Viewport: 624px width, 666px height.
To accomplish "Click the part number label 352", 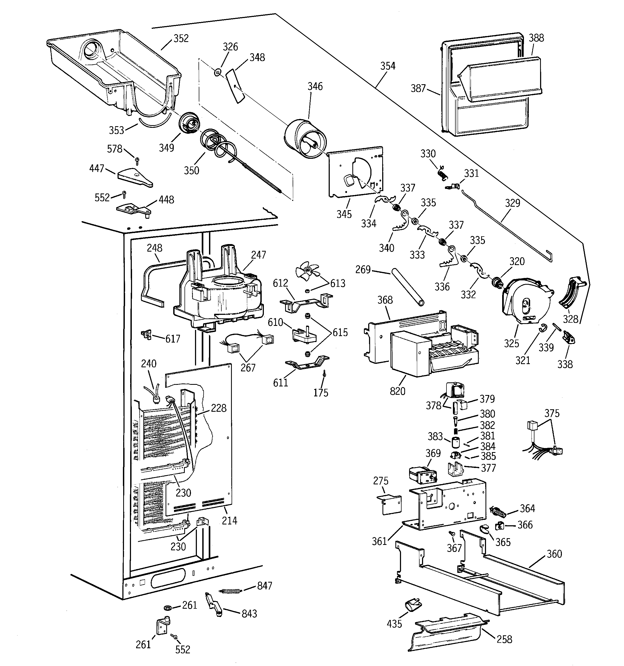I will coord(181,38).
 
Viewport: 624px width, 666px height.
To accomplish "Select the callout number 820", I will coord(397,391).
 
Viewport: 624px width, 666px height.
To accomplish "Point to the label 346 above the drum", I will coord(315,86).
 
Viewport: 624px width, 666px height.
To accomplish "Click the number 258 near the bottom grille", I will coord(504,639).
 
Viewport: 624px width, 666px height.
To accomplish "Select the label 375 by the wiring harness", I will coord(552,413).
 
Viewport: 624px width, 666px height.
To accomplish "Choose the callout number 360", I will coord(554,554).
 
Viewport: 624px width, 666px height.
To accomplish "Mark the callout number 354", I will coord(388,66).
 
